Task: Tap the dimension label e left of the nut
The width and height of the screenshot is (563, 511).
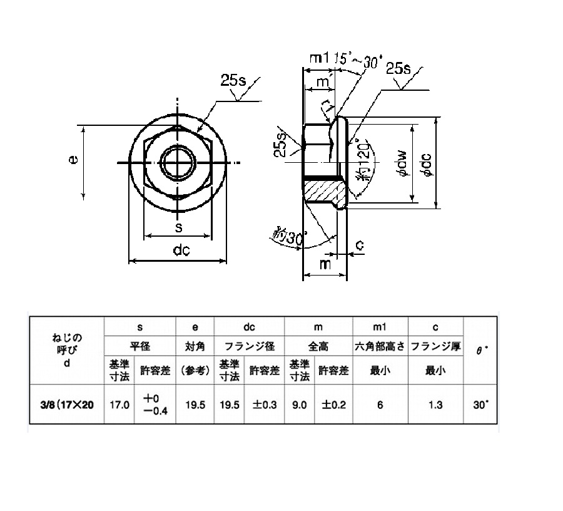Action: click(73, 159)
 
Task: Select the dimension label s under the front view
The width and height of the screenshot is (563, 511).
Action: click(178, 227)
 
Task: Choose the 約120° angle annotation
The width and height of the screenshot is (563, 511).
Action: click(363, 160)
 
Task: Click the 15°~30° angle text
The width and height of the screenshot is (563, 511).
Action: click(358, 61)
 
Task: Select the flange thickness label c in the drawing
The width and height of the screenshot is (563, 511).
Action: click(360, 245)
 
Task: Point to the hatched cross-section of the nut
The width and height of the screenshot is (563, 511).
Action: click(321, 191)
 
